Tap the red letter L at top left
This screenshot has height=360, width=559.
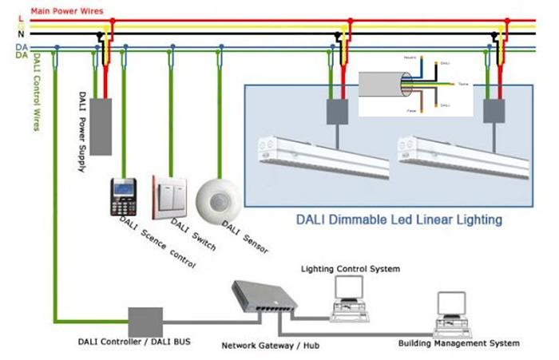[19, 18]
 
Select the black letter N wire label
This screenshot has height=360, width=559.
[19, 37]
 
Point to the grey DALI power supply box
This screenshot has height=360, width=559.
[101, 126]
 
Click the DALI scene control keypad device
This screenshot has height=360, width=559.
[124, 196]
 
